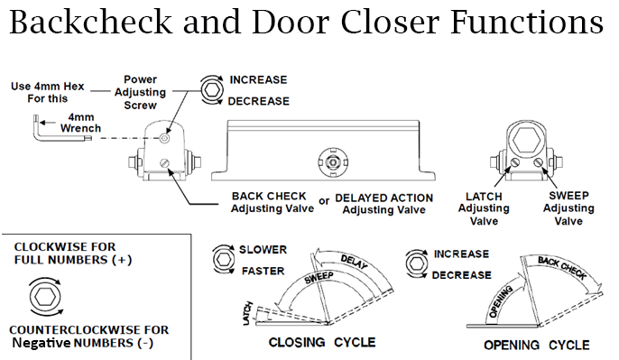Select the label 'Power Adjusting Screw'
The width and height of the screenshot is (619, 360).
(x=140, y=92)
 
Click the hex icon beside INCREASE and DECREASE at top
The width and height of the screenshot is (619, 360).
(x=213, y=90)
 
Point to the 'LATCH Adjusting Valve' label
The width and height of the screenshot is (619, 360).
(x=484, y=208)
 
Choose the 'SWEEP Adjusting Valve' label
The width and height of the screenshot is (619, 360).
(x=568, y=208)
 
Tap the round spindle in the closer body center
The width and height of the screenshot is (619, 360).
(x=334, y=162)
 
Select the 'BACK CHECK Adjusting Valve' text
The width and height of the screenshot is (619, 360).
(x=273, y=202)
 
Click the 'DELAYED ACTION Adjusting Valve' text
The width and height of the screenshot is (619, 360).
(x=383, y=204)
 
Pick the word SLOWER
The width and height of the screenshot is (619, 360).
(x=263, y=250)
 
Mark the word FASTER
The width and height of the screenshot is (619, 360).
(x=263, y=272)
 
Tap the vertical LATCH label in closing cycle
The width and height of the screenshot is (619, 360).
(x=247, y=314)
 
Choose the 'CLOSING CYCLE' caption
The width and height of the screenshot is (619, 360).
(x=322, y=342)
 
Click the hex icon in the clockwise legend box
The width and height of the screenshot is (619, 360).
(x=46, y=297)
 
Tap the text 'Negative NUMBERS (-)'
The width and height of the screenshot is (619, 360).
(x=82, y=343)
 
